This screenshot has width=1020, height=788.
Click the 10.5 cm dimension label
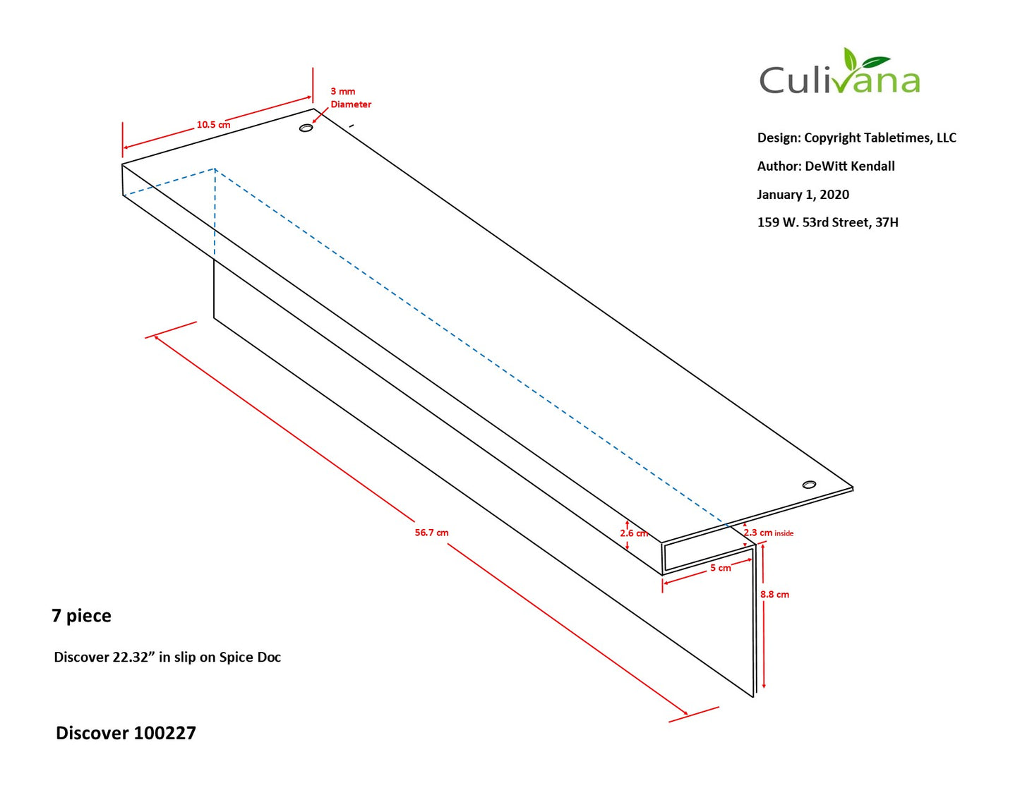[x=213, y=125]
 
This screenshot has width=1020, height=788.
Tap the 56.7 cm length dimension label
[x=431, y=533]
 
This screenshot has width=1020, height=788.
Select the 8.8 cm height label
[x=774, y=594]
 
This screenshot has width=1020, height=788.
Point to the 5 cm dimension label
[x=720, y=568]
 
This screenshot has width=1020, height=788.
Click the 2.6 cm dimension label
[x=634, y=533]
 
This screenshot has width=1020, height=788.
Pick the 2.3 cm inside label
[x=769, y=533]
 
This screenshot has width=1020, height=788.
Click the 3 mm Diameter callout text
[x=351, y=97]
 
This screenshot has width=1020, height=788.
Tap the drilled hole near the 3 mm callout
[x=306, y=128]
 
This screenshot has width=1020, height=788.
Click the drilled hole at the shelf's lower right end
[x=809, y=485]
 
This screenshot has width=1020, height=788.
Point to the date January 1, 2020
[x=803, y=194]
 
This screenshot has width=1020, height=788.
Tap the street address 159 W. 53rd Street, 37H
[x=827, y=222]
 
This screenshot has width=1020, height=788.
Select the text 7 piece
[x=82, y=616]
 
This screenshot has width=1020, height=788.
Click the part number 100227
[x=164, y=733]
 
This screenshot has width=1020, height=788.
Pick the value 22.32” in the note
[x=134, y=657]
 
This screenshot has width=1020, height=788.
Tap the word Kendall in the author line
[x=872, y=166]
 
